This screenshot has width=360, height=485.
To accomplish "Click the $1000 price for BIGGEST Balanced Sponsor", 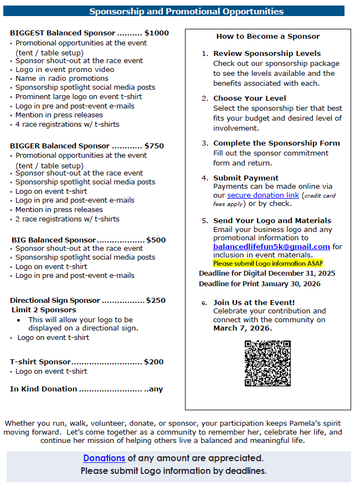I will coord(157,33).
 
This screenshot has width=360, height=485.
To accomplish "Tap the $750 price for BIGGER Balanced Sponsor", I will coord(154,146).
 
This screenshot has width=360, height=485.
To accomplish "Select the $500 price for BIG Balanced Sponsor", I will coord(156,240).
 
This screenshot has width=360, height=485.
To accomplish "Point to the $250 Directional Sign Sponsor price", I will coord(156,300).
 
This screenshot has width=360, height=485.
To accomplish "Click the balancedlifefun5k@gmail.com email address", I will coord(271,246).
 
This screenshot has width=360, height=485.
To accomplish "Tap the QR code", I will coord(268,363).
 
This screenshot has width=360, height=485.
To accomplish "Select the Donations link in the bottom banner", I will coord(104,458).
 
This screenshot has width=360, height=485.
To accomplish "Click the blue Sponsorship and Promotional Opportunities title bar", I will coord(186,11).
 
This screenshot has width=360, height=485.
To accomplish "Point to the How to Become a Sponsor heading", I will coord(268,36).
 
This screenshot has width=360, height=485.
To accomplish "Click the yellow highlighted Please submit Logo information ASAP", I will coord(268,264).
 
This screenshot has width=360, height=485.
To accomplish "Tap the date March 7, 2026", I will coord(243,328).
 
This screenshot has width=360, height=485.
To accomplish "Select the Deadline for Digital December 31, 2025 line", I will coord(267,274).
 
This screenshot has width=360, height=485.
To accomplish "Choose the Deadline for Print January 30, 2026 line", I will coord(267,284).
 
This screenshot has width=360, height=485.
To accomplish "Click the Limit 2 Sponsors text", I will coord(44,309).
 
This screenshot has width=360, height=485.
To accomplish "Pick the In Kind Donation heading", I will coord(44,389).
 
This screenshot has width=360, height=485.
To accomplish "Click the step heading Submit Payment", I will coord(245,178).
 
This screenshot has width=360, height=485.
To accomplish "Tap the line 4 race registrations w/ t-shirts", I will coord(67,124).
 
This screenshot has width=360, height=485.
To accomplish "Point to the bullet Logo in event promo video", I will coord(65,69).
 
